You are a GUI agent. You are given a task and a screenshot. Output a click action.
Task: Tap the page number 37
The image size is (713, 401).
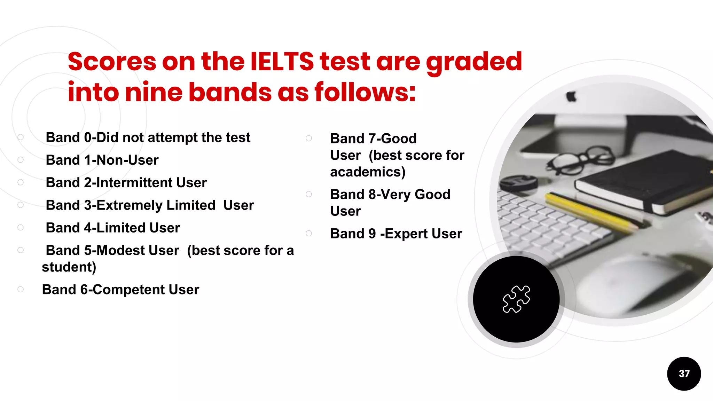tap(684, 374)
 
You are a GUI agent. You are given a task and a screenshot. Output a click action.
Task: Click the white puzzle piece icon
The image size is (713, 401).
tap(516, 299)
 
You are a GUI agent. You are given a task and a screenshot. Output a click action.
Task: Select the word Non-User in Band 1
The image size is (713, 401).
tap(127, 160)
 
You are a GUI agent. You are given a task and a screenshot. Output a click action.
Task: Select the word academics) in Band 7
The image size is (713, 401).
tap(368, 172)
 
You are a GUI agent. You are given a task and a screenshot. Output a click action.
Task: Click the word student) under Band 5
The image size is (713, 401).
tap(69, 267)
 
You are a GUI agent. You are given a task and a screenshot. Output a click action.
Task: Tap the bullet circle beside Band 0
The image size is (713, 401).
tap(21, 137)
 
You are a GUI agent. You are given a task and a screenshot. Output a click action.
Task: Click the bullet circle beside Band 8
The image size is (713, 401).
tap(309, 194)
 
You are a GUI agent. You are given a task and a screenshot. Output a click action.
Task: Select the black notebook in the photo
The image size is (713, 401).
tap(644, 181)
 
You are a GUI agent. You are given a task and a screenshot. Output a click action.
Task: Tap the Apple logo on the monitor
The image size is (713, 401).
tap(571, 96)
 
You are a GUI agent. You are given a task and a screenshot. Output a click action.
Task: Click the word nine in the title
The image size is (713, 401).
tap(153, 93)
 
